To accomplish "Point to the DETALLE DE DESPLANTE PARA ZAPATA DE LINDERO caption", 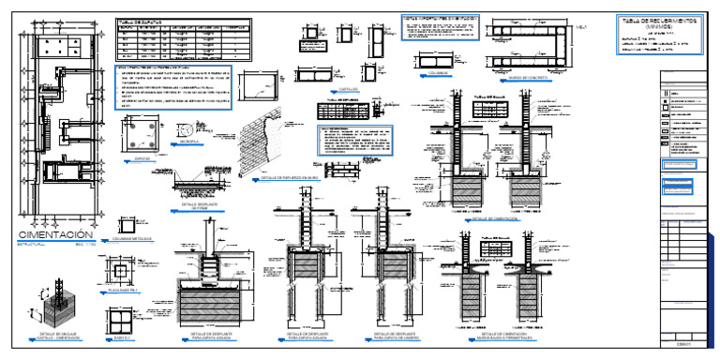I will pos(394,336).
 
